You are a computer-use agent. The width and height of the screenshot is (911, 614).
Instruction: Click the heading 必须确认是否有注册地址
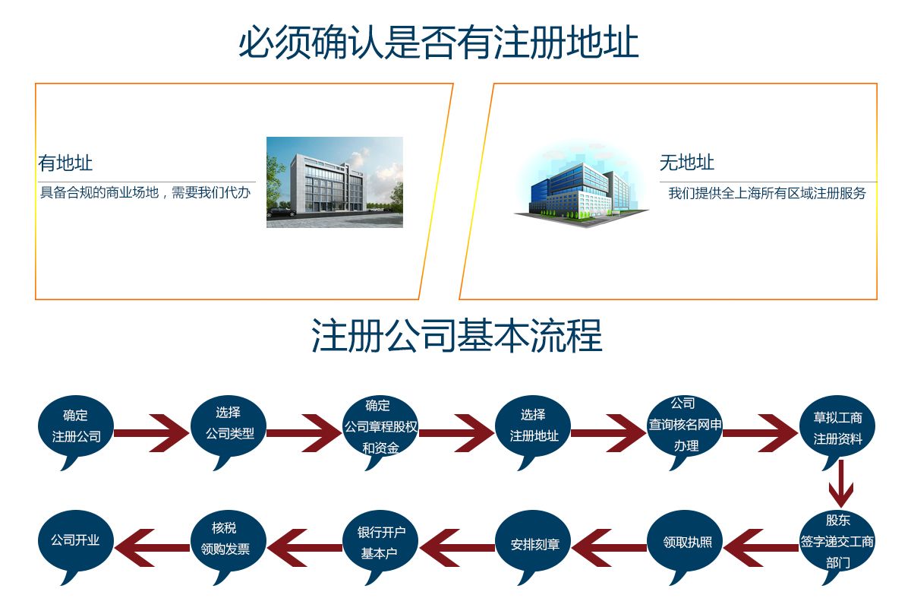coord(439,43)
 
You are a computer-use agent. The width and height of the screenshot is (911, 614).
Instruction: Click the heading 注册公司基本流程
coord(456,335)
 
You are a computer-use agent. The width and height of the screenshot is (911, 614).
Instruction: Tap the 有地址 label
coord(65,163)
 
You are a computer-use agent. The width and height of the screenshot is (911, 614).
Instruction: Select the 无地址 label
coord(687,163)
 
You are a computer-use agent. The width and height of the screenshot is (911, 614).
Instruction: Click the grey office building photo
coord(334,182)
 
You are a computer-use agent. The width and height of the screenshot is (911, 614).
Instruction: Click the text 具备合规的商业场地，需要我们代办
coord(145,193)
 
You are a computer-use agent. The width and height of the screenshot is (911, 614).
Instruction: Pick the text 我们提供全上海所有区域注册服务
coord(767,193)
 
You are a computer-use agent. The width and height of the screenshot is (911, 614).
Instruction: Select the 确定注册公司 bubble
coord(76,426)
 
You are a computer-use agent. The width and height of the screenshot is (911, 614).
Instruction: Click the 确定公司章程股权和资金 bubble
coord(380,426)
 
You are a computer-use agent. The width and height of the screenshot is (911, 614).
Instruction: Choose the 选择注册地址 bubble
coord(534,426)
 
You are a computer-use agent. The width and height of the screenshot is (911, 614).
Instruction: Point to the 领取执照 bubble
coord(686,543)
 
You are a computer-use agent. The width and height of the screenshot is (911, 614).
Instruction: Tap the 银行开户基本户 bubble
coord(381,542)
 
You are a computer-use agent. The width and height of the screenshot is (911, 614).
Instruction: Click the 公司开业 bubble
coord(75,541)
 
